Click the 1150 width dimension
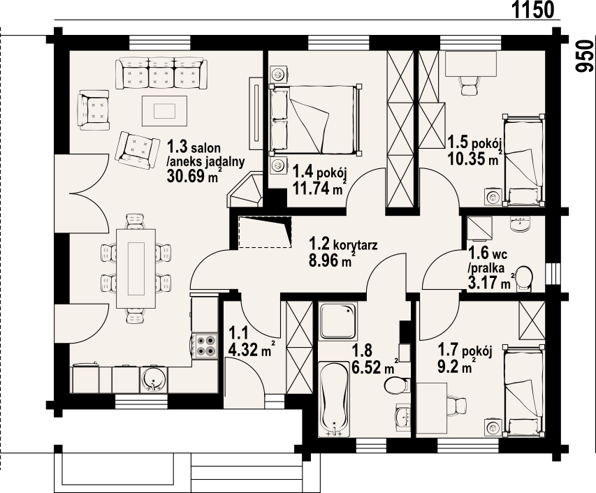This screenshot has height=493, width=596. click(534, 10)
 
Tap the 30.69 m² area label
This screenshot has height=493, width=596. click(194, 175)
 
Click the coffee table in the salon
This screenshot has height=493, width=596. click(165, 111)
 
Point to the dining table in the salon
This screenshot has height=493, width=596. click(136, 269)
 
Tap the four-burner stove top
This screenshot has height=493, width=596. click(205, 346)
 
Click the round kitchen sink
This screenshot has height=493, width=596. click(154, 379)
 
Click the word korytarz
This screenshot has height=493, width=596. click(355, 244)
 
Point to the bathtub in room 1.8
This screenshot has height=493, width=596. click(334, 399)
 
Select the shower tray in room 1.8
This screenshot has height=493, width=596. click(337, 321)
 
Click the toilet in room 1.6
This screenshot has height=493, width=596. click(525, 278)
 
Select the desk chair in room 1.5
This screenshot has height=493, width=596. click(469, 85)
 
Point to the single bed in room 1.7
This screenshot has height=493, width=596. click(524, 390)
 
